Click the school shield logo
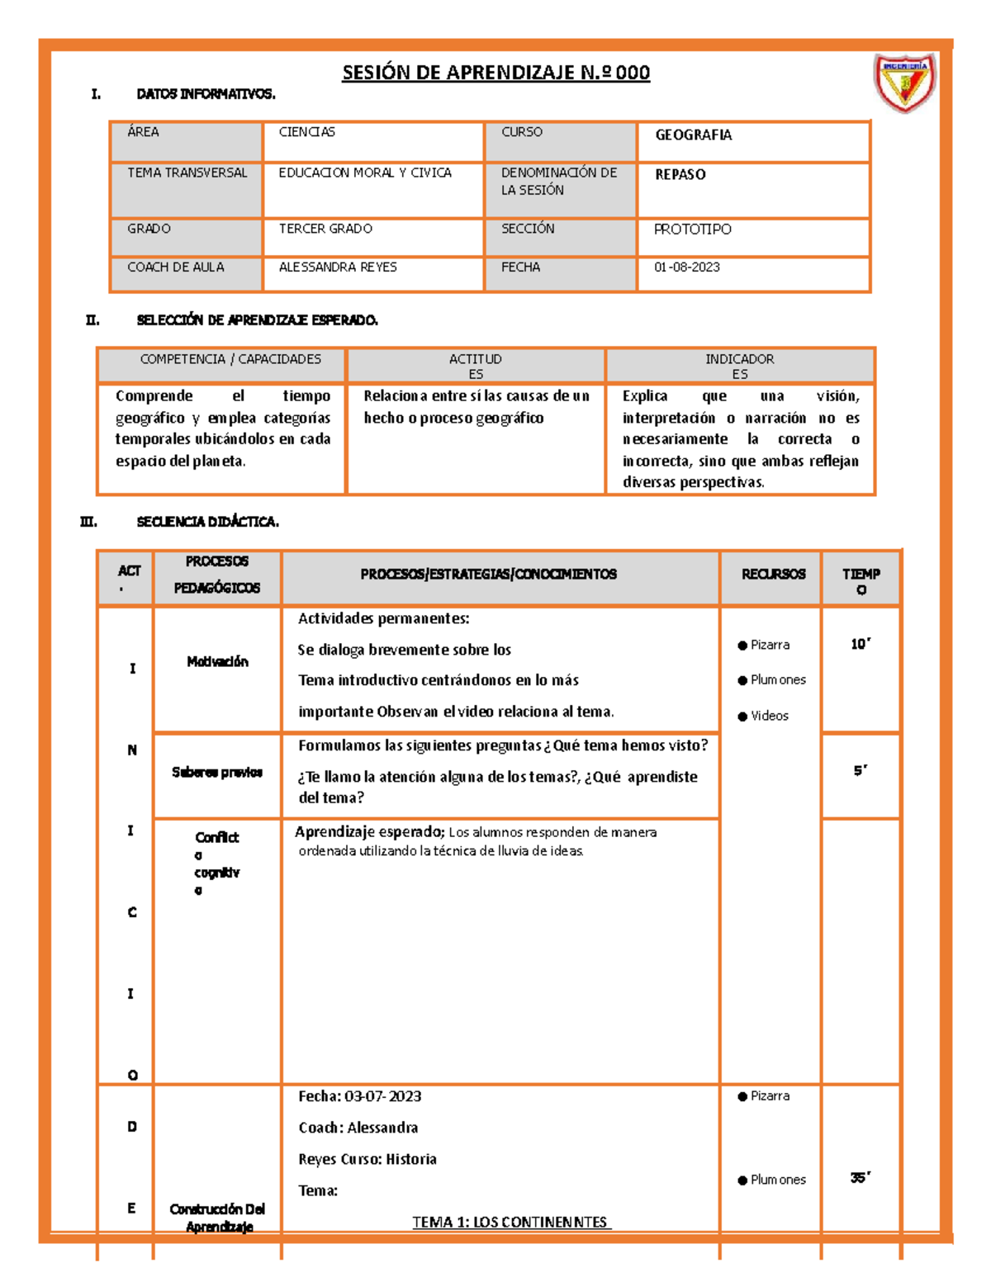905,83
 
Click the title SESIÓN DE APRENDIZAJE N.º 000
495,73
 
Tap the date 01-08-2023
686,267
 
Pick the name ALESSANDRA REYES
338,267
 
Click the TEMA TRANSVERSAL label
187,173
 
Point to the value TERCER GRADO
325,229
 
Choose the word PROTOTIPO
692,229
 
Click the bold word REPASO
680,175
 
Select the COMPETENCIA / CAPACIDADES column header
230,359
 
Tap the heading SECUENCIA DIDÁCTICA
207,522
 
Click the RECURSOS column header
773,574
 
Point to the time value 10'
861,644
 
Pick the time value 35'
861,1178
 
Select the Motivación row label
217,661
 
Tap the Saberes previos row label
217,773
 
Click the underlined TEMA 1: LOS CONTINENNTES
510,1222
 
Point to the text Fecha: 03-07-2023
359,1096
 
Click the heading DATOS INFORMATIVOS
206,94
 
